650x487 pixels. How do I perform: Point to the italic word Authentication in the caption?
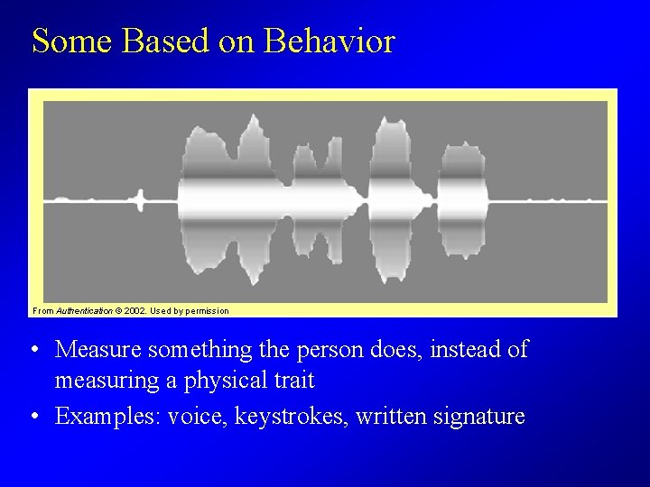(84, 311)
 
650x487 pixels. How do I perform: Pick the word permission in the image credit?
(209, 311)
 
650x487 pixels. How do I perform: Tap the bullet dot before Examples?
(32, 418)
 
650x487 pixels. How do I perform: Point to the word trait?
(292, 381)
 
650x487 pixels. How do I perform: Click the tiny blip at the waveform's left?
(140, 199)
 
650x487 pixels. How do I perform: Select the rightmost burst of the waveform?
(462, 199)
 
